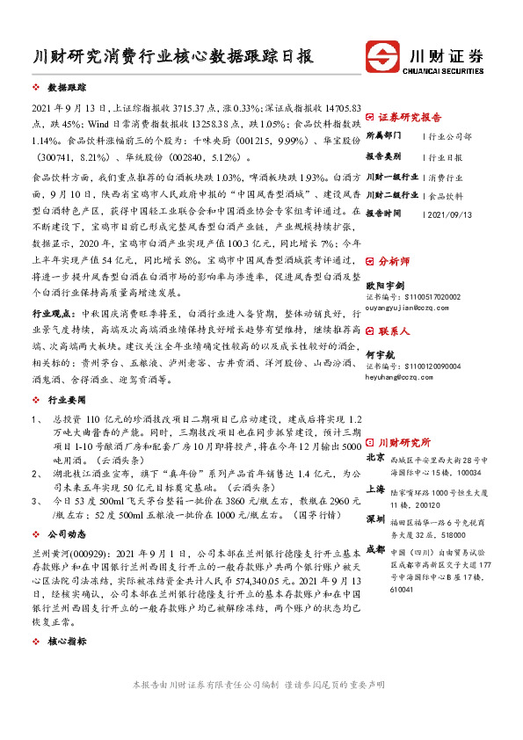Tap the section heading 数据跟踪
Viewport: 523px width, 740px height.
coord(67,89)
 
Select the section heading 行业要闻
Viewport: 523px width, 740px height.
coord(67,398)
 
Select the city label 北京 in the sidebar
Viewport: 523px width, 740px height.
coord(374,457)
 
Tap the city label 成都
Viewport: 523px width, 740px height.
coord(374,550)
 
